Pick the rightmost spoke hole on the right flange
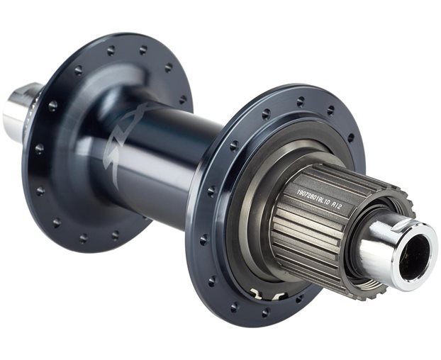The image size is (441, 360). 350,138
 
